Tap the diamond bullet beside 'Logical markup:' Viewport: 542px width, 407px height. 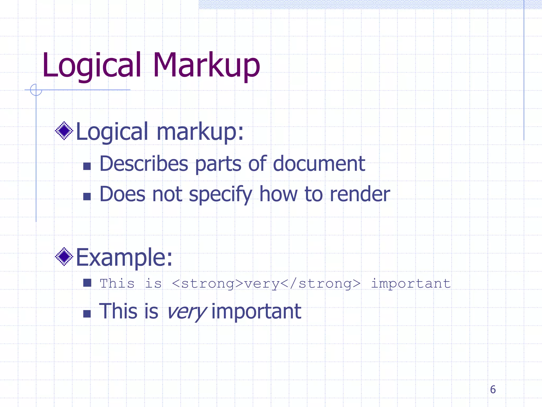click(64, 131)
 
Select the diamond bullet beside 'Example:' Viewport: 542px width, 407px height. click(64, 256)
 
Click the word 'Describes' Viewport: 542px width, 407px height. click(144, 164)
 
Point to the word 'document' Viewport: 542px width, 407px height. click(319, 164)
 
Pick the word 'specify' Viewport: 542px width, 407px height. click(220, 194)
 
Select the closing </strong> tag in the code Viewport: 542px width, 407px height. click(320, 284)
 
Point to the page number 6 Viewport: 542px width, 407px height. click(493, 390)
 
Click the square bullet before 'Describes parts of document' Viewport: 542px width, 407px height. click(87, 166)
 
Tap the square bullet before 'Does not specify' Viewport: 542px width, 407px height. click(87, 196)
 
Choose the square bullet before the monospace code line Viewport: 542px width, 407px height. click(87, 283)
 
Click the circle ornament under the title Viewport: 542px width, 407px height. click(36, 90)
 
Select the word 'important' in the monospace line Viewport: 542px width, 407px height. click(411, 284)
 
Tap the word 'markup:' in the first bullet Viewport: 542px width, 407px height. click(200, 132)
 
